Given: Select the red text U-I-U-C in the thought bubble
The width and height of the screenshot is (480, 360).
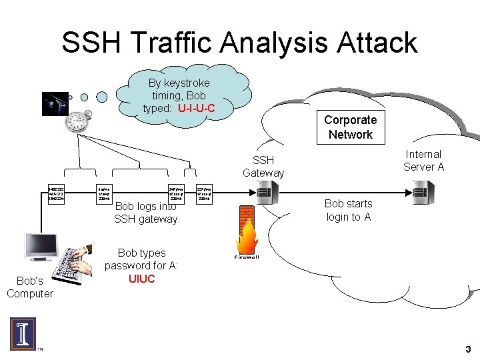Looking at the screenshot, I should pos(196,108).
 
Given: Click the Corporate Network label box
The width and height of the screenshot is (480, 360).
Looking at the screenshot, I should pos(350,127).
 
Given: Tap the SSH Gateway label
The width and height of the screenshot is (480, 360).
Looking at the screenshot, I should pos(263,166).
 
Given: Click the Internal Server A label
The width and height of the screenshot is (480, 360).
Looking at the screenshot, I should pos(423,161).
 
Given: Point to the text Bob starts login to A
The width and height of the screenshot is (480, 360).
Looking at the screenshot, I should pos(348,210).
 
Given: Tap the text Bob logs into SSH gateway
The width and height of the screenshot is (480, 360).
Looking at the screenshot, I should pos(145,213).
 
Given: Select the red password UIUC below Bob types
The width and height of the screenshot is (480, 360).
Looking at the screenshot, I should pos(141,279).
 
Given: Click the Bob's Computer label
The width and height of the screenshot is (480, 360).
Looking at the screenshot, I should pos(29,287).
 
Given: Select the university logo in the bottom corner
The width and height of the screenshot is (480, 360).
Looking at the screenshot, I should pos(23,334).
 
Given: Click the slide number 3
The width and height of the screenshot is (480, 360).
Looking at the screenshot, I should pos(468,349).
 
